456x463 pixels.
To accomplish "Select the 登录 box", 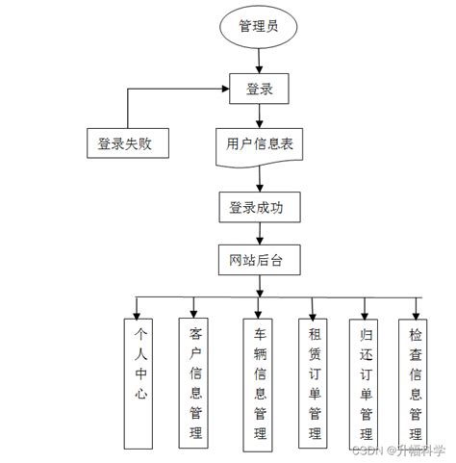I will pos(260,90).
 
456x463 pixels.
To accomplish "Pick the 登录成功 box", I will pos(258,206).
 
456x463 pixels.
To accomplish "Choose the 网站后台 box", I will pos(258,261).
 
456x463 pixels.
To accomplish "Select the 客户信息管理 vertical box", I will pos(197,382).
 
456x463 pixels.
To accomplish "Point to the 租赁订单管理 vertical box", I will pos(314,382).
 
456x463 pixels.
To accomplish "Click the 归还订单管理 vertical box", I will pos(367,382).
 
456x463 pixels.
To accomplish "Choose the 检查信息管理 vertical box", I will pos(415,382).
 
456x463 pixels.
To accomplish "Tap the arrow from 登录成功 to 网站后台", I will pos(258,234).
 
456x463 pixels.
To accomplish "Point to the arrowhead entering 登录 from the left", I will pos(224,90).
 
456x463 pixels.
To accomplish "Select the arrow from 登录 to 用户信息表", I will pos(258,116).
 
